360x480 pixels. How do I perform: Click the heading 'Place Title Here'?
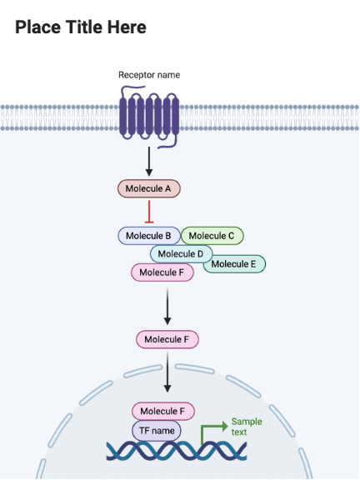81,27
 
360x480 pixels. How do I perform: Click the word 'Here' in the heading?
126,27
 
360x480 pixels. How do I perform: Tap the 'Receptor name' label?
149,75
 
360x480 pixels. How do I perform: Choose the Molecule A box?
148,189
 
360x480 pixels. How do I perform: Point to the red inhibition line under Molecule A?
148,211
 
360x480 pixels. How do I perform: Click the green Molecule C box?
213,236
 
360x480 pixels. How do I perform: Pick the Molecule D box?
181,253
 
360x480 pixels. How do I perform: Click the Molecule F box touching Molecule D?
162,272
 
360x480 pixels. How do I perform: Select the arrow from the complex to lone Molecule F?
167,306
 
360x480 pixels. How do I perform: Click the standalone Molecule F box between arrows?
167,339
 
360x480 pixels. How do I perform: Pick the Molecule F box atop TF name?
163,411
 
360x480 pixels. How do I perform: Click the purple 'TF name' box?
157,431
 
